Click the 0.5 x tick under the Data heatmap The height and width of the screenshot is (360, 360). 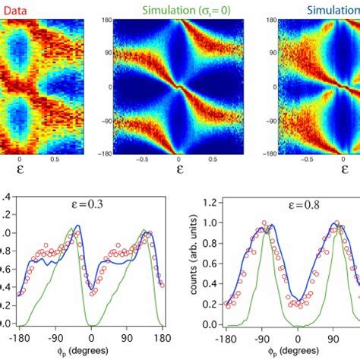click(55, 160)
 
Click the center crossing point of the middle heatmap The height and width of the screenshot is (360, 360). click(179, 87)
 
